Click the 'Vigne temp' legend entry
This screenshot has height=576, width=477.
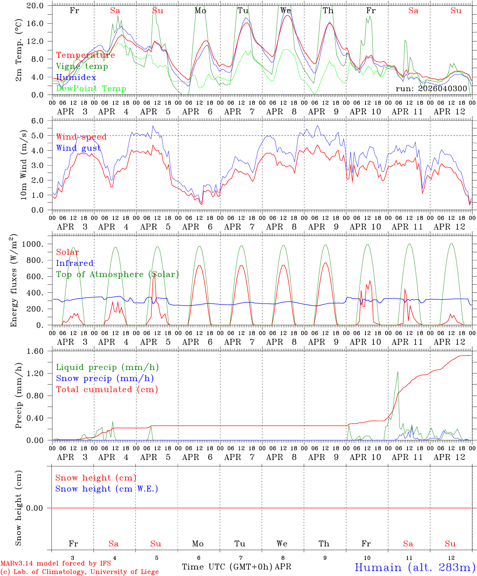(x=82, y=66)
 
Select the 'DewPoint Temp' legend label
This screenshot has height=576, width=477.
(x=91, y=89)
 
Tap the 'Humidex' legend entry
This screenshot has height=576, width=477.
(x=76, y=78)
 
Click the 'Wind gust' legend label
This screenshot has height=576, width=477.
(x=78, y=148)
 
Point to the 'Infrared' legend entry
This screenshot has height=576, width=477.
(x=75, y=263)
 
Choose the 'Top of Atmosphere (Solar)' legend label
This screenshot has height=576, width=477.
(x=117, y=274)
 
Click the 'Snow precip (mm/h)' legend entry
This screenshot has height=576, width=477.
(x=105, y=378)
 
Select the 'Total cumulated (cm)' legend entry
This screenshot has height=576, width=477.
(x=107, y=390)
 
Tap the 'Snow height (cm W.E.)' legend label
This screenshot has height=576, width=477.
(x=107, y=489)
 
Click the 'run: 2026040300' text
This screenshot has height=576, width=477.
(x=431, y=88)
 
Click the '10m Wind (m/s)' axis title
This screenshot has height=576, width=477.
(x=24, y=165)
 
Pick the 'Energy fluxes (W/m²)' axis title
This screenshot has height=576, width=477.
(x=14, y=280)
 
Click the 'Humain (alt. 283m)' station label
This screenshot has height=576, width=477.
(x=415, y=567)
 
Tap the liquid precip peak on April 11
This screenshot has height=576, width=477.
(x=397, y=372)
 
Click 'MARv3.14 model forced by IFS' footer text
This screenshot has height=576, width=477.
(x=56, y=564)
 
